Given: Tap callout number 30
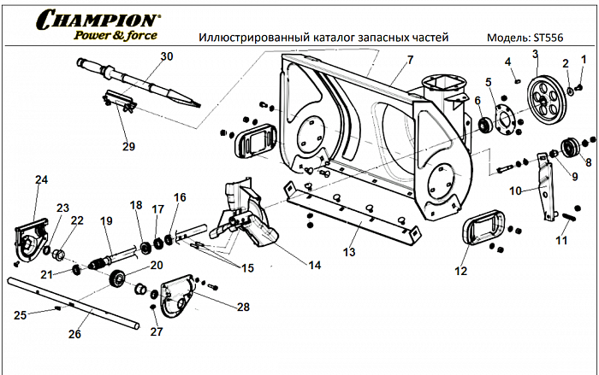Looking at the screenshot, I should (166, 56).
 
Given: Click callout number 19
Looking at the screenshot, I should (106, 221).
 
